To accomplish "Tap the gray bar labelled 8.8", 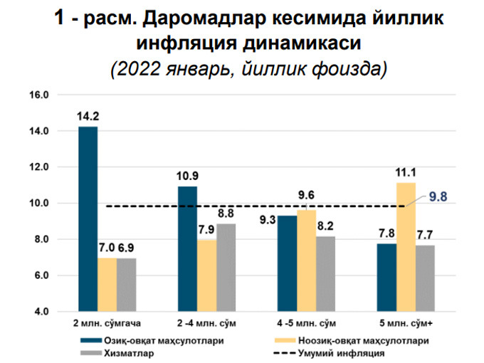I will click(226, 267).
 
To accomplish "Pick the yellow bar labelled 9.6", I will click(306, 261).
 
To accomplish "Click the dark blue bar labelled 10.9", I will click(187, 248).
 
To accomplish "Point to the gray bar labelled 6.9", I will click(127, 285).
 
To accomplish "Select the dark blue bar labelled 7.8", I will click(386, 277).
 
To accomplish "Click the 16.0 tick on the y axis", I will click(38, 95).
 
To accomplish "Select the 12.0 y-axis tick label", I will click(38, 167).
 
